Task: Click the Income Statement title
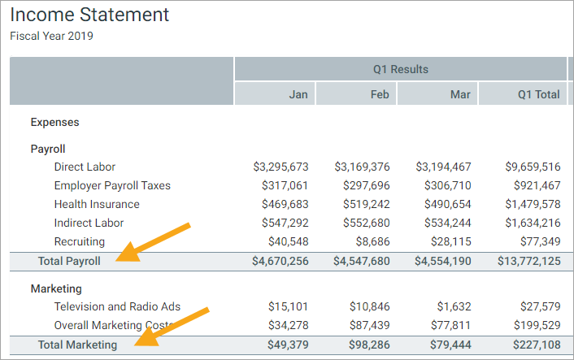[x=89, y=15]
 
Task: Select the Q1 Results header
[x=400, y=69]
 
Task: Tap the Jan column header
[x=298, y=94]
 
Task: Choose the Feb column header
[x=380, y=94]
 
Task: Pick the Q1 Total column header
[x=538, y=94]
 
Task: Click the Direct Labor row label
[x=85, y=167]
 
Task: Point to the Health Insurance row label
[x=97, y=204]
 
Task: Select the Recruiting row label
[x=79, y=241]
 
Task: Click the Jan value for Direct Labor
[x=280, y=167]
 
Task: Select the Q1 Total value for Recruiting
[x=538, y=241]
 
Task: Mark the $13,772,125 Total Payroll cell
[x=528, y=262]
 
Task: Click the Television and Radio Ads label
[x=117, y=306]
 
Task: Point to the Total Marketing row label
[x=77, y=345]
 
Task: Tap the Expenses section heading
[x=54, y=122]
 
